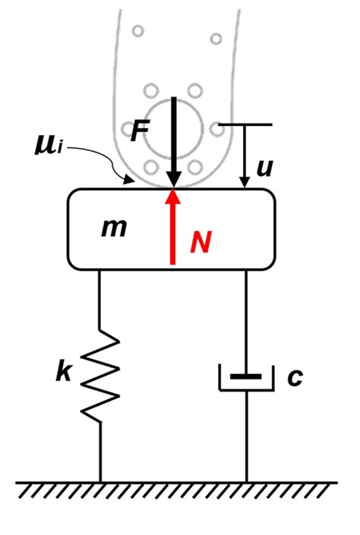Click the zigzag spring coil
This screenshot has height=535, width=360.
coord(100,376)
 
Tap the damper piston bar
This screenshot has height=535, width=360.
coord(246,376)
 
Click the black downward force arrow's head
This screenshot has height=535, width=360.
coord(174,179)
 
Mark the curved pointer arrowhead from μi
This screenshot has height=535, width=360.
coord(130,180)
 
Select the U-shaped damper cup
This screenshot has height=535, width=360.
coord(246,387)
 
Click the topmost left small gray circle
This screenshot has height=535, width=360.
coord(137,32)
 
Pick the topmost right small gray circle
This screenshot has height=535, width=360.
coord(216,37)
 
